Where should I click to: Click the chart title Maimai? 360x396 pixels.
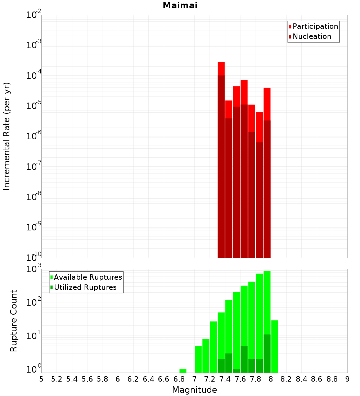pyautogui.click(x=180, y=6)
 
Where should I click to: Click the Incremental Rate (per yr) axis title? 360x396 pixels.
pyautogui.click(x=7, y=136)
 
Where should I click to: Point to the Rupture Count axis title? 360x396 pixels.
pyautogui.click(x=14, y=321)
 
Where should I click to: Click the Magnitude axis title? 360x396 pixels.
pyautogui.click(x=194, y=390)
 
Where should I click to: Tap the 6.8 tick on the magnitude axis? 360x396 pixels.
pyautogui.click(x=179, y=379)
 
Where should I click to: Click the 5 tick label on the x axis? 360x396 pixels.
pyautogui.click(x=41, y=379)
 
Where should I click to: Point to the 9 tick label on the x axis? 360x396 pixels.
pyautogui.click(x=347, y=379)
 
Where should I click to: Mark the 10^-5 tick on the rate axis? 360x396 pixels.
pyautogui.click(x=33, y=106)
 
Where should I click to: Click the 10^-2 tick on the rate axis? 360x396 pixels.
pyautogui.click(x=33, y=15)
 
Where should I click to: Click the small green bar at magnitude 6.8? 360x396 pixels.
pyautogui.click(x=183, y=371)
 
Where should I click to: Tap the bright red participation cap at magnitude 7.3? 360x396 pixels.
pyautogui.click(x=221, y=68)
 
